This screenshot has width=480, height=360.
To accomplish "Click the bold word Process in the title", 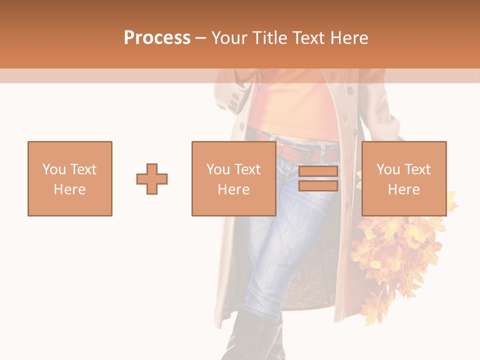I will point(157,38).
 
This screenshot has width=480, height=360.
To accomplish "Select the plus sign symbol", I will point(152,179).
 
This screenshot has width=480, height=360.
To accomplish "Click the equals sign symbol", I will point(318,179).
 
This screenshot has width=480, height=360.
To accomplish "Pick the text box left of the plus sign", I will point(70,178).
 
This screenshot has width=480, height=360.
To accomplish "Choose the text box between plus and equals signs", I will point(233,178).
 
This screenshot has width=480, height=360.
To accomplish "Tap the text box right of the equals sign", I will point(404,178).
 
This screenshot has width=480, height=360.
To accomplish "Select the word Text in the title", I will point(308,38).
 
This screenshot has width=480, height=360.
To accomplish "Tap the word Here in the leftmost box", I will point(70,189).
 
